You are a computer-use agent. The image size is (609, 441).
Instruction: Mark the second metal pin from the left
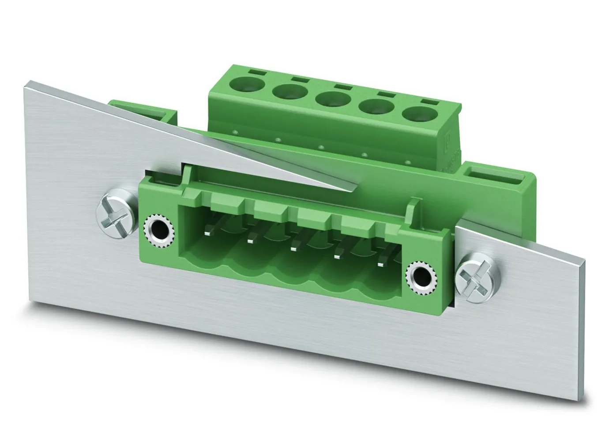coord(253,239)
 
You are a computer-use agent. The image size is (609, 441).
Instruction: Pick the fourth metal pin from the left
coord(339,256)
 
